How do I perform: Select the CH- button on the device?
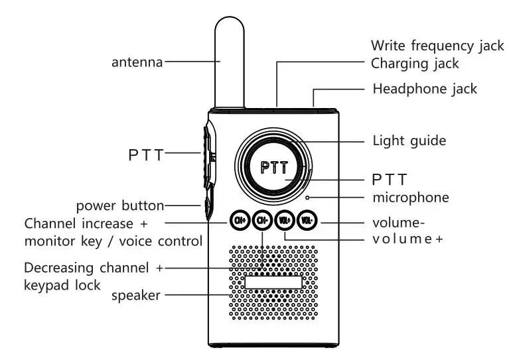[262, 219]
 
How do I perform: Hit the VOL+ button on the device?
[285, 219]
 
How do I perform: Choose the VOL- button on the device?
[307, 219]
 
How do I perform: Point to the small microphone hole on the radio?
[308, 197]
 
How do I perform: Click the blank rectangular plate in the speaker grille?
[273, 282]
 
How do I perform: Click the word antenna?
[137, 63]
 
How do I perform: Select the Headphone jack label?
[425, 89]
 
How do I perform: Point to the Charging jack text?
[415, 64]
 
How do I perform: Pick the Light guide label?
[409, 141]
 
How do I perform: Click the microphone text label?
[410, 198]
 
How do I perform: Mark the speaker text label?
[135, 295]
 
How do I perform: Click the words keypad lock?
[62, 285]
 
